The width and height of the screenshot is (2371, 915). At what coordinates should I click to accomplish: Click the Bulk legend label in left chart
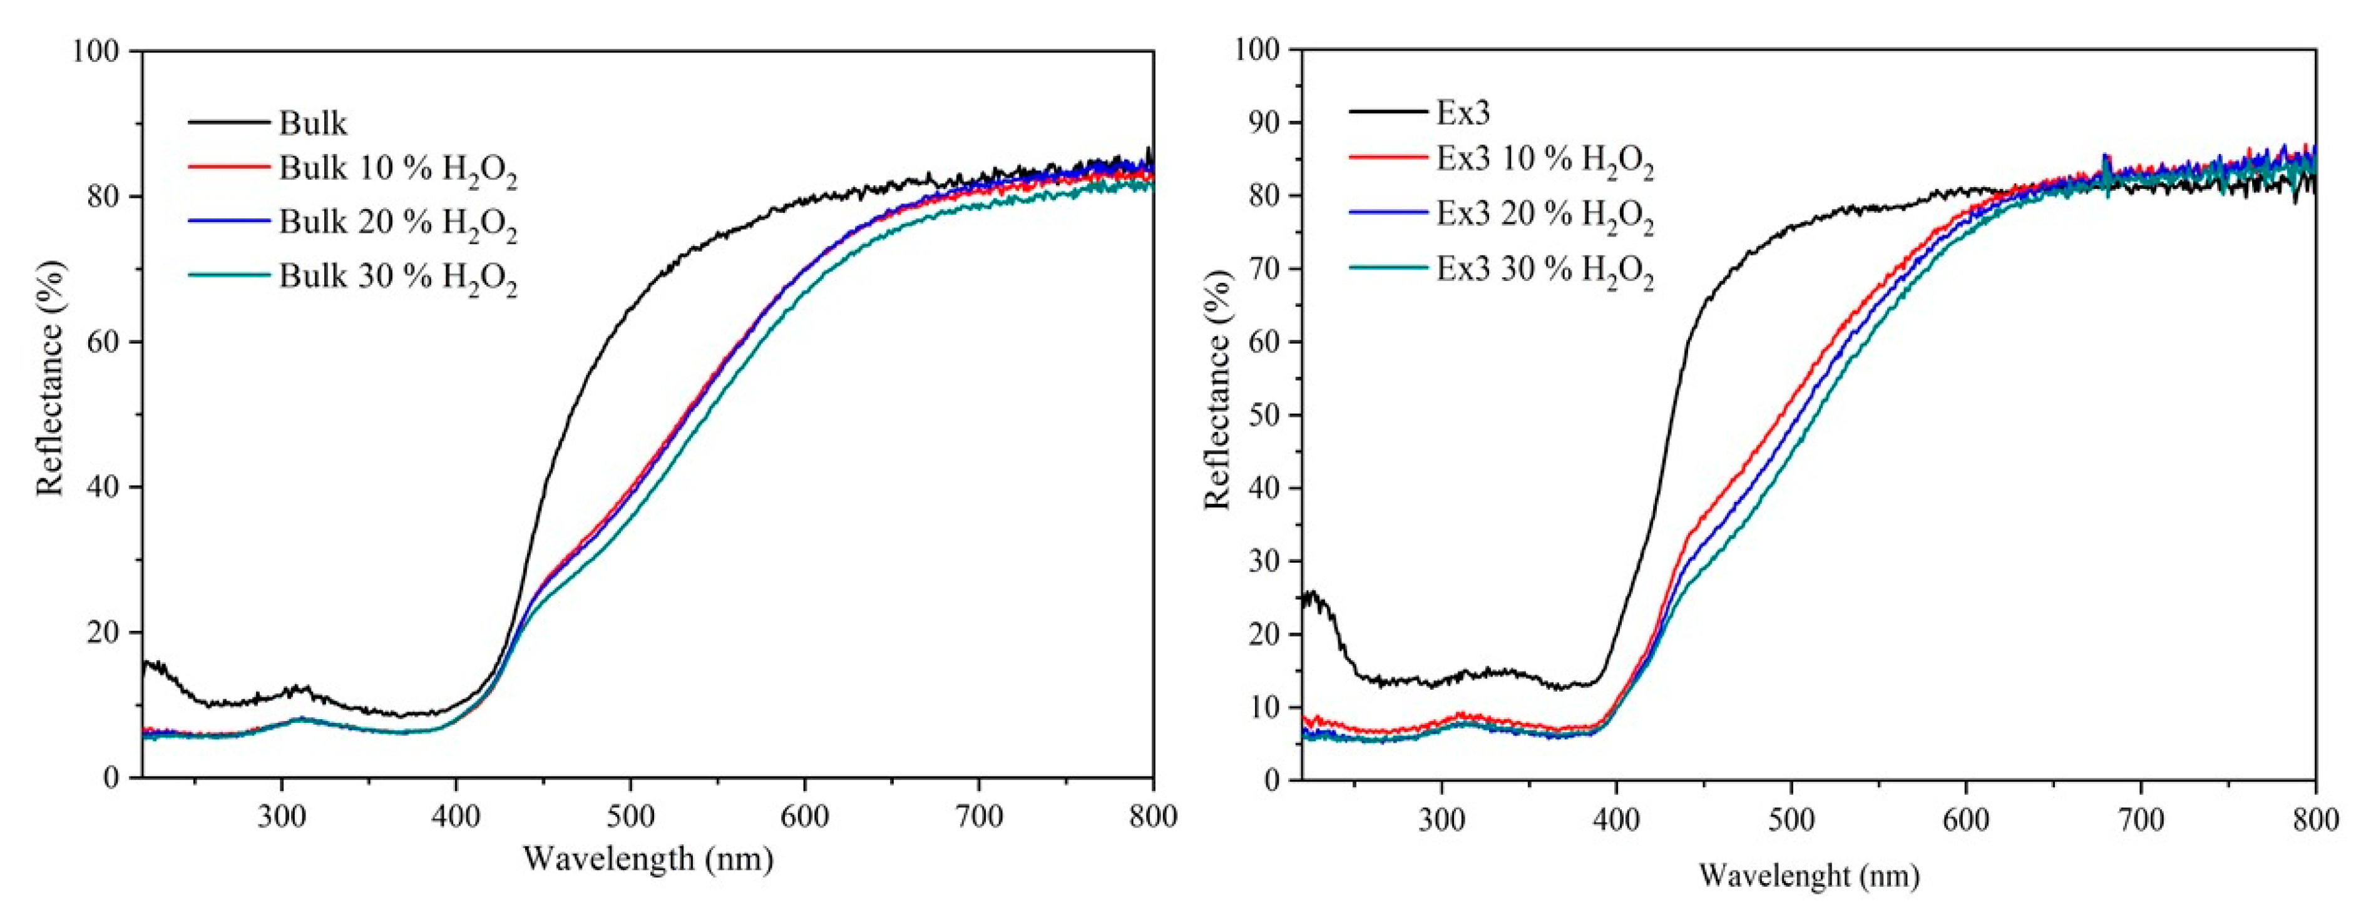(313, 123)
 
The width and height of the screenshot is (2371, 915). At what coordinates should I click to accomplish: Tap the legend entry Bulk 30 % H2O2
(397, 278)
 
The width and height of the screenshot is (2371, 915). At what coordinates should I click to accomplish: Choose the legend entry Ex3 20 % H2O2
(1544, 217)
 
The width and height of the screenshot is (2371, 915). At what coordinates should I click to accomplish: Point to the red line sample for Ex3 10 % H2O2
(1388, 158)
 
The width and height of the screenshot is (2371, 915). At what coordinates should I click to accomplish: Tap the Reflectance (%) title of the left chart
(51, 379)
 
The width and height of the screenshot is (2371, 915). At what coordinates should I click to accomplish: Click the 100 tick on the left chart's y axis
(96, 51)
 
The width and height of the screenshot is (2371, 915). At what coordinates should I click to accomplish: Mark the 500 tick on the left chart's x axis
(630, 817)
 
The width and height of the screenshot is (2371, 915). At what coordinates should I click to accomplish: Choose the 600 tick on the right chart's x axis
(1966, 819)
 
